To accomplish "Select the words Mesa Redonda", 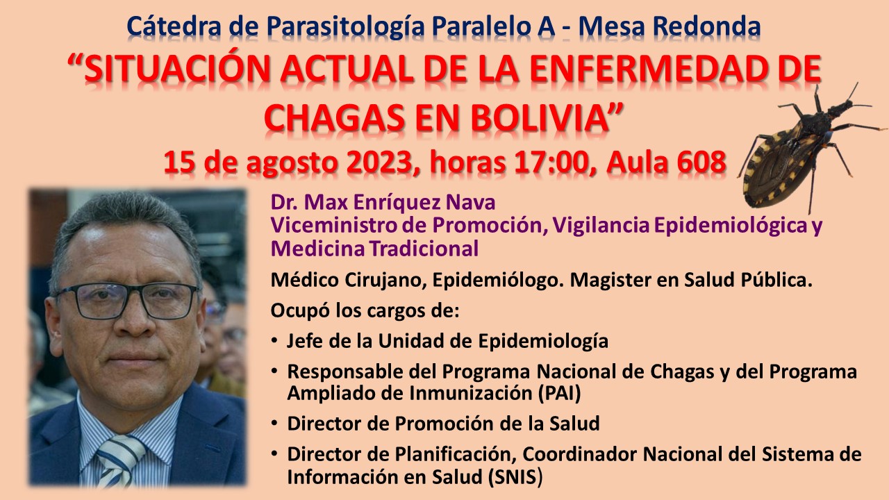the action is [x=670, y=26].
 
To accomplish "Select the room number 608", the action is [x=701, y=162].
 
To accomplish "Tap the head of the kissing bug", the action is [x=840, y=107].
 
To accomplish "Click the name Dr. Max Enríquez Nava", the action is [x=383, y=202].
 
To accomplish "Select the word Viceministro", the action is [x=333, y=225].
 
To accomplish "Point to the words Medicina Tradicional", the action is [x=374, y=249].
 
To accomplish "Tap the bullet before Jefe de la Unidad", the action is [x=274, y=340].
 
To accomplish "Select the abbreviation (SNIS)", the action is [x=515, y=476].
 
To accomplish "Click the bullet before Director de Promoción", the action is [x=274, y=424].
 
